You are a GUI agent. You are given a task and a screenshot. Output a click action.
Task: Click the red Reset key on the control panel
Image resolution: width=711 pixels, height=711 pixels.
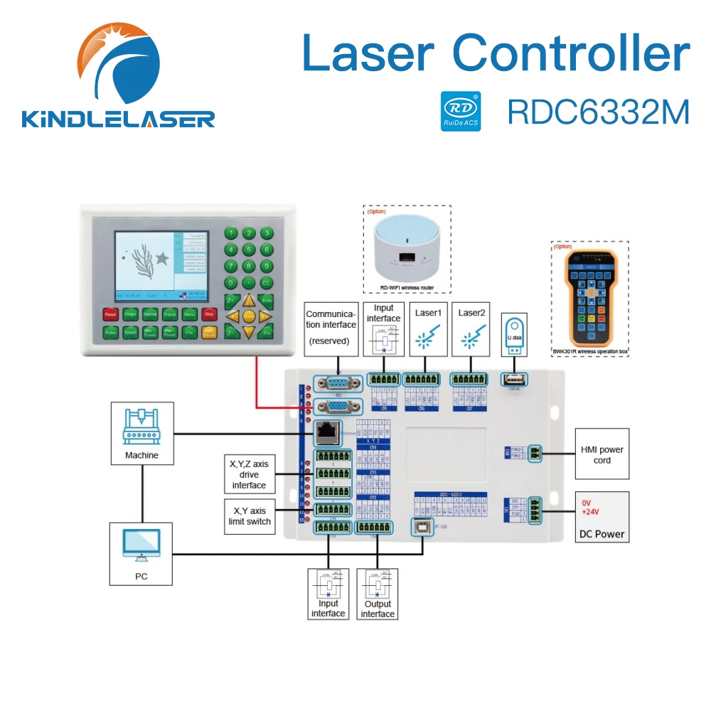click(x=110, y=314)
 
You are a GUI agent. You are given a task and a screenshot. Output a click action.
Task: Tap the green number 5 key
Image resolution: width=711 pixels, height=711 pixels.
click(x=248, y=250)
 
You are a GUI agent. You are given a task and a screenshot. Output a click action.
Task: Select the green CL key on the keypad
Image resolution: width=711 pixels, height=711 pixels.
click(x=266, y=282)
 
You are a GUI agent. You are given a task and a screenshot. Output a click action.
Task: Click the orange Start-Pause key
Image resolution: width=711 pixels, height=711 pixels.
click(x=209, y=332)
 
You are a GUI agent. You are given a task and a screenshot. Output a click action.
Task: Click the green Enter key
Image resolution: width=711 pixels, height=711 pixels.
click(x=267, y=300)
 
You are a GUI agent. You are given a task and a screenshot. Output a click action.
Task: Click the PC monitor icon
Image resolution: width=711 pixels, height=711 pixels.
click(x=141, y=547)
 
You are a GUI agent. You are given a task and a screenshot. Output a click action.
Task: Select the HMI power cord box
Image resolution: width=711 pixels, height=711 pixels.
click(x=602, y=454)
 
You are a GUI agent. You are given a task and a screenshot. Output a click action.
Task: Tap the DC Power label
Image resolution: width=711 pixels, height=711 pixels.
click(x=602, y=534)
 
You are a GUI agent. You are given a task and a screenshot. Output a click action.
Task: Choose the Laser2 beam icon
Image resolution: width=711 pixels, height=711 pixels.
click(x=470, y=338)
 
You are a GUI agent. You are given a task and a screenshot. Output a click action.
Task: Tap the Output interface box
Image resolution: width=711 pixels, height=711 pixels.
click(x=378, y=594)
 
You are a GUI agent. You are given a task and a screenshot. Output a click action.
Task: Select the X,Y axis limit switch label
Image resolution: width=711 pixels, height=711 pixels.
click(x=248, y=515)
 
